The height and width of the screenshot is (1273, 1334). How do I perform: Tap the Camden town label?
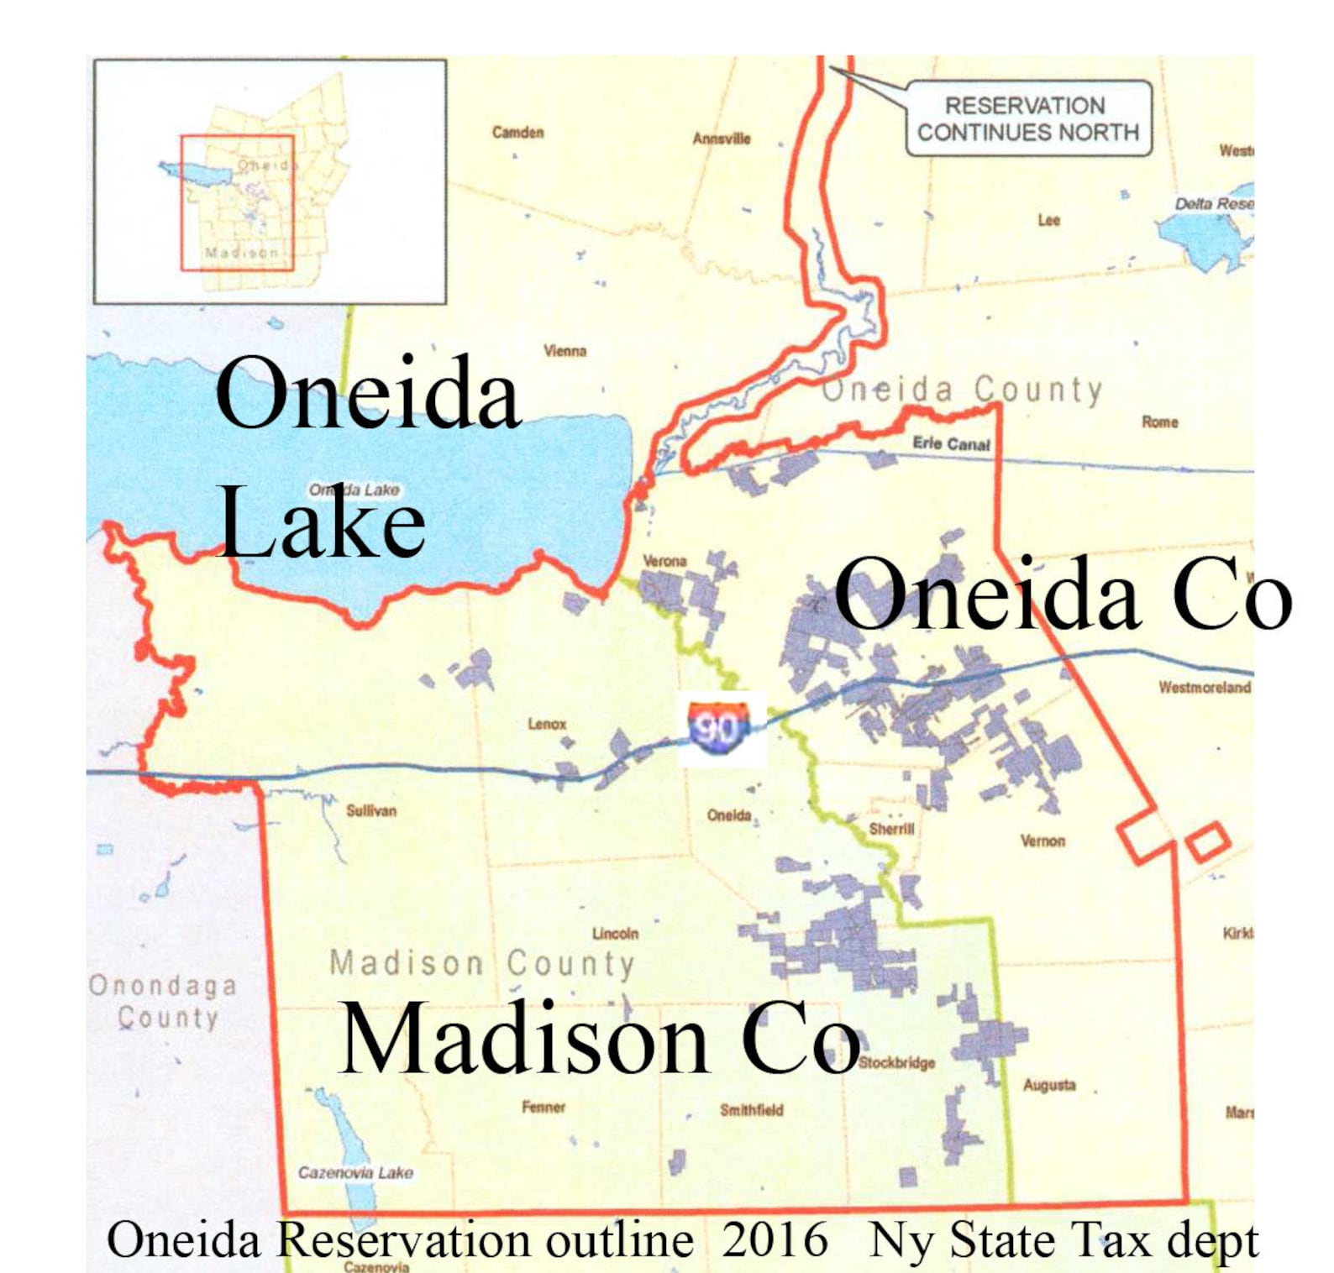click(517, 133)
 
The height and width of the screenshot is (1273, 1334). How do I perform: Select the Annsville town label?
click(721, 139)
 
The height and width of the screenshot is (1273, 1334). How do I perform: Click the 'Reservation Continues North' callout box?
click(1027, 119)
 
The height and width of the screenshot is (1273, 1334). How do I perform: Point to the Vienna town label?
click(565, 351)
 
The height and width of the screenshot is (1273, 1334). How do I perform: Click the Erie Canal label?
click(951, 443)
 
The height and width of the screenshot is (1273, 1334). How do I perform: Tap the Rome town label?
click(1159, 422)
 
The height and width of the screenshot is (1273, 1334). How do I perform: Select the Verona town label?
click(664, 561)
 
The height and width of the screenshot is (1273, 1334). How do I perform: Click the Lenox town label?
click(547, 724)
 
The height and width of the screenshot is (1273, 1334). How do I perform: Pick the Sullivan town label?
click(370, 811)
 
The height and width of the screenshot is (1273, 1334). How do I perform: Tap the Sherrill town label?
click(891, 830)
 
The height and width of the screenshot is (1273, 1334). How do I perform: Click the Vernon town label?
click(1043, 841)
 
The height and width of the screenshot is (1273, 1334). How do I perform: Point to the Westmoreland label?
click(1205, 688)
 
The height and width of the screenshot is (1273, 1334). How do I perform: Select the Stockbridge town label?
click(896, 1063)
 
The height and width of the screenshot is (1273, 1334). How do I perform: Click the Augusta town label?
click(1048, 1085)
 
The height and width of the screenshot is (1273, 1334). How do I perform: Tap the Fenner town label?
click(544, 1108)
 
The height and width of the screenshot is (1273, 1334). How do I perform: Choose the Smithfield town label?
click(751, 1110)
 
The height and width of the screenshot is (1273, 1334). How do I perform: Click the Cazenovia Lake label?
click(355, 1173)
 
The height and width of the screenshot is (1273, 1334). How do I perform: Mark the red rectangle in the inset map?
click(237, 202)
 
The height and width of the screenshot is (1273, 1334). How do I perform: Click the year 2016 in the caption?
click(775, 1240)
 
